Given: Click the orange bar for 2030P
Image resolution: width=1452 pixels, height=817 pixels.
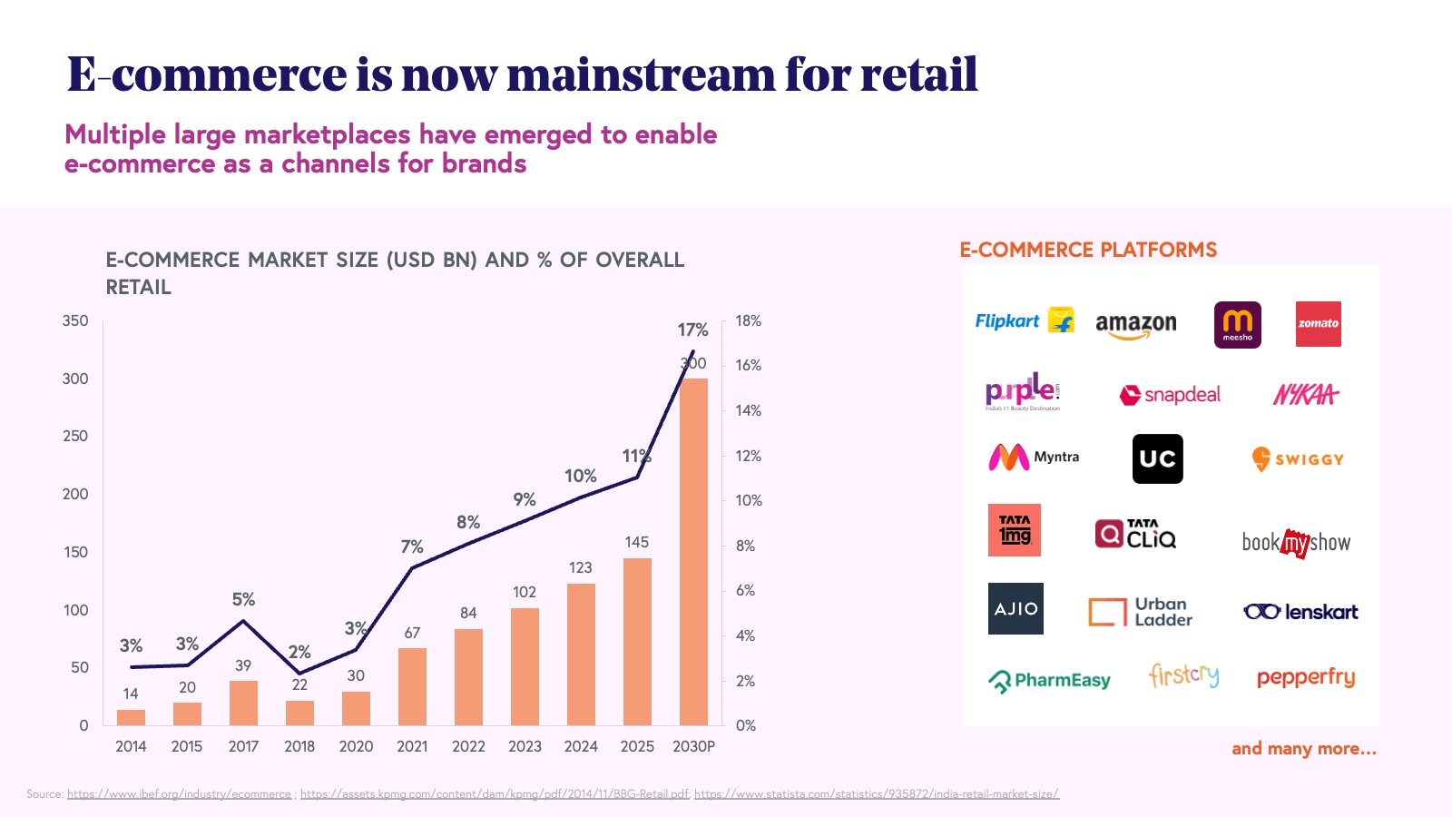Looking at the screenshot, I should pos(693,552).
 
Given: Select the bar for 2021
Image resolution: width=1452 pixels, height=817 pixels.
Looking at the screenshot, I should pos(412,686).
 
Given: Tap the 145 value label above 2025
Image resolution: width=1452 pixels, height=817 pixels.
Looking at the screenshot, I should pos(636,542).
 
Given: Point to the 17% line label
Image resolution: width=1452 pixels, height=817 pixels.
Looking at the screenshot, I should pos(692,330).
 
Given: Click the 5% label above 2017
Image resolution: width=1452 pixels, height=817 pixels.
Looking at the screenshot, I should pos(243,599).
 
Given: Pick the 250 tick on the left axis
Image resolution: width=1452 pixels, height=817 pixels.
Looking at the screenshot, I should pos(75,436).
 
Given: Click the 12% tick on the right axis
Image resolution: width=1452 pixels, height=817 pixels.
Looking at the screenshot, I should pos(748,456).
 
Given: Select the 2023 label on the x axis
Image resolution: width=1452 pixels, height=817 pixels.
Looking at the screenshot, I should pos(525,746).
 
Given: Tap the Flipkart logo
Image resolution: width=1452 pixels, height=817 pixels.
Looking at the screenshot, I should pos(1024,321).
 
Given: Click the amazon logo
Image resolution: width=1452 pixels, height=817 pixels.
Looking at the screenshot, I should pos(1135,325).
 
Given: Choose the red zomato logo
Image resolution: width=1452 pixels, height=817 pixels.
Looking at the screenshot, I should pos(1318,324).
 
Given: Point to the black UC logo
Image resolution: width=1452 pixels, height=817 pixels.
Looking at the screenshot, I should pos(1157,458).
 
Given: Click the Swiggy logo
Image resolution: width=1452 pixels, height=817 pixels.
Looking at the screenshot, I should pos(1298,459).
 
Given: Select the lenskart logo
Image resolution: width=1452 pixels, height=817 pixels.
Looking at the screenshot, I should pos(1300,612).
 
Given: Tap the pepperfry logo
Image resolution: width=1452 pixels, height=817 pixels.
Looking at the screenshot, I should pos(1305,678).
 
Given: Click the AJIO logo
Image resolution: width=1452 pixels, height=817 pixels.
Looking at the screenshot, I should pos(1015,608).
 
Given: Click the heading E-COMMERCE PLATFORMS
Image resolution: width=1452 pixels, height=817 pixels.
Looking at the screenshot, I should pos(1088,250).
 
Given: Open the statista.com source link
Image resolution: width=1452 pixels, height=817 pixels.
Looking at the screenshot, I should pos(877,794).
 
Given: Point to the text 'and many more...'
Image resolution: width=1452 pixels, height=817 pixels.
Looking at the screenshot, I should pos(1303,749).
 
